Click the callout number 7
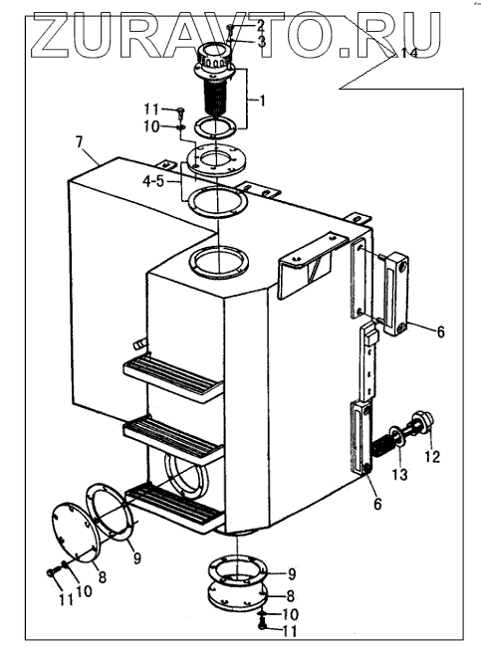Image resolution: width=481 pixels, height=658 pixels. pyautogui.click(x=80, y=142)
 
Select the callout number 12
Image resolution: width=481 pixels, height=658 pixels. pyautogui.click(x=432, y=456)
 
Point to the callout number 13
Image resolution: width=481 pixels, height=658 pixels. pyautogui.click(x=400, y=474)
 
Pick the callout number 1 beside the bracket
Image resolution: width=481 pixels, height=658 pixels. pyautogui.click(x=262, y=101)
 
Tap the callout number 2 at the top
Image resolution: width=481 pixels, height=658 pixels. pyautogui.click(x=260, y=26)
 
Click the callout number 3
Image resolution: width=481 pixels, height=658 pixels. pyautogui.click(x=261, y=41)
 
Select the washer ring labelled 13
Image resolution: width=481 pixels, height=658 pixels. pyautogui.click(x=395, y=435)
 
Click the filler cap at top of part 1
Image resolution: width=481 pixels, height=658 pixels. pyautogui.click(x=215, y=57)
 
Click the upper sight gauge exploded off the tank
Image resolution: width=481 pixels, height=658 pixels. pyautogui.click(x=395, y=294)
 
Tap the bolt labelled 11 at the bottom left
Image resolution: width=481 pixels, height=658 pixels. pyautogui.click(x=51, y=572)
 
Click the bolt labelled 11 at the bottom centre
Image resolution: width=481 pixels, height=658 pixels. pyautogui.click(x=263, y=626)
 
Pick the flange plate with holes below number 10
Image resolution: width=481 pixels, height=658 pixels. pyautogui.click(x=215, y=157)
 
